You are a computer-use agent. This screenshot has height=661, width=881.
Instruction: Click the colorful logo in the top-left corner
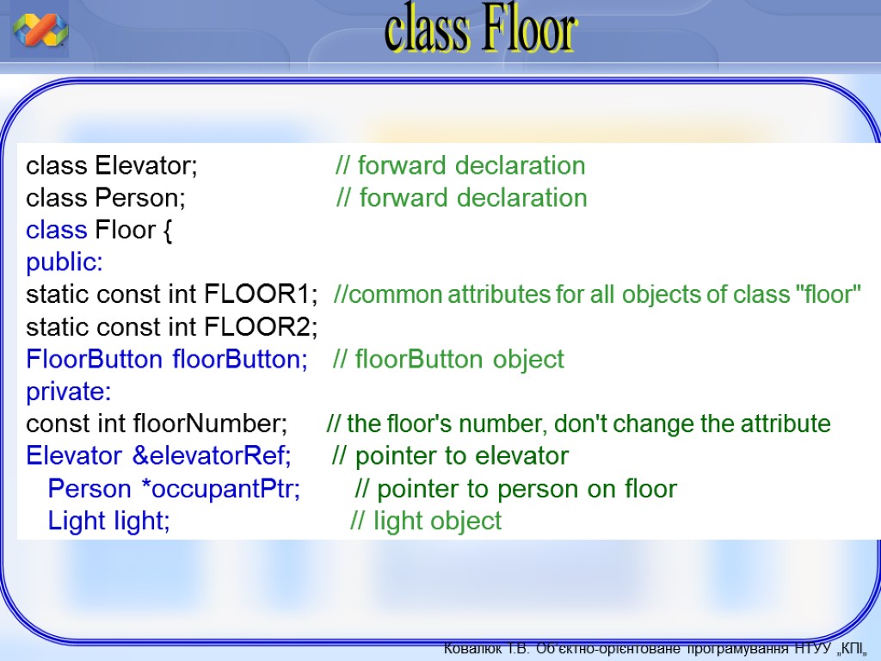click(x=40, y=30)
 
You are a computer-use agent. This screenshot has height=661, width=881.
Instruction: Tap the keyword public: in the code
click(x=65, y=263)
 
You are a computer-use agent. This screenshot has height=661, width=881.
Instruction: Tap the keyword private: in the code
click(x=69, y=392)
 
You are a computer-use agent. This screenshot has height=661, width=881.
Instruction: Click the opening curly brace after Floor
click(x=168, y=231)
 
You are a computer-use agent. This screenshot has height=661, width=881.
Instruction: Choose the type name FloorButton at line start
click(x=94, y=359)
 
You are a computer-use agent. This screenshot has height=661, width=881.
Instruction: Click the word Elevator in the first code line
click(x=143, y=165)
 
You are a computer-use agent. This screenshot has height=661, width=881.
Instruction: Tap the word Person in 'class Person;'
click(x=137, y=198)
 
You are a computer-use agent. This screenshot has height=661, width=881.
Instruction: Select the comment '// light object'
click(x=425, y=521)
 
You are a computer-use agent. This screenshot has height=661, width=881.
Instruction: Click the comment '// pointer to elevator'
click(x=450, y=456)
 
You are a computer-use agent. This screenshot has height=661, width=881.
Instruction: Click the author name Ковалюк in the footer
click(x=472, y=649)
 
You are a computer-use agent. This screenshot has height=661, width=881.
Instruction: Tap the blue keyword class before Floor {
click(x=57, y=230)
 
